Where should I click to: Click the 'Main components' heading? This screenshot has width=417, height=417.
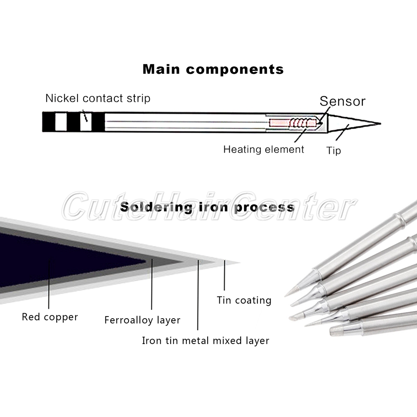213,69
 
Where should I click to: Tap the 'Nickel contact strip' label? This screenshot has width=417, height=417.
98,98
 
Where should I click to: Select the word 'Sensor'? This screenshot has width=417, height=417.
342,101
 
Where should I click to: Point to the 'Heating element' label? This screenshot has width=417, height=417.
264,149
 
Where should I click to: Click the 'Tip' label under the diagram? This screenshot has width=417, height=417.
333,151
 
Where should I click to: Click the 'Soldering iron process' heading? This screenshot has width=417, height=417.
207,207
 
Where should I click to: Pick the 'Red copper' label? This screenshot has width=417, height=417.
50,317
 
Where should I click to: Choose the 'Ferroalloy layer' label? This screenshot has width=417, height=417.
142,320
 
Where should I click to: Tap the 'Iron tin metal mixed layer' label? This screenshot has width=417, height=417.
206,341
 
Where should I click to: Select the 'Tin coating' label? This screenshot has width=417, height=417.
244,300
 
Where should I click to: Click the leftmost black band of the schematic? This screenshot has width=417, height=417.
48,123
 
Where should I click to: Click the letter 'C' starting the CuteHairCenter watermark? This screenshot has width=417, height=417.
78,207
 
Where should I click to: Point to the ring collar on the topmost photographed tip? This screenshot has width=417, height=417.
401,217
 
